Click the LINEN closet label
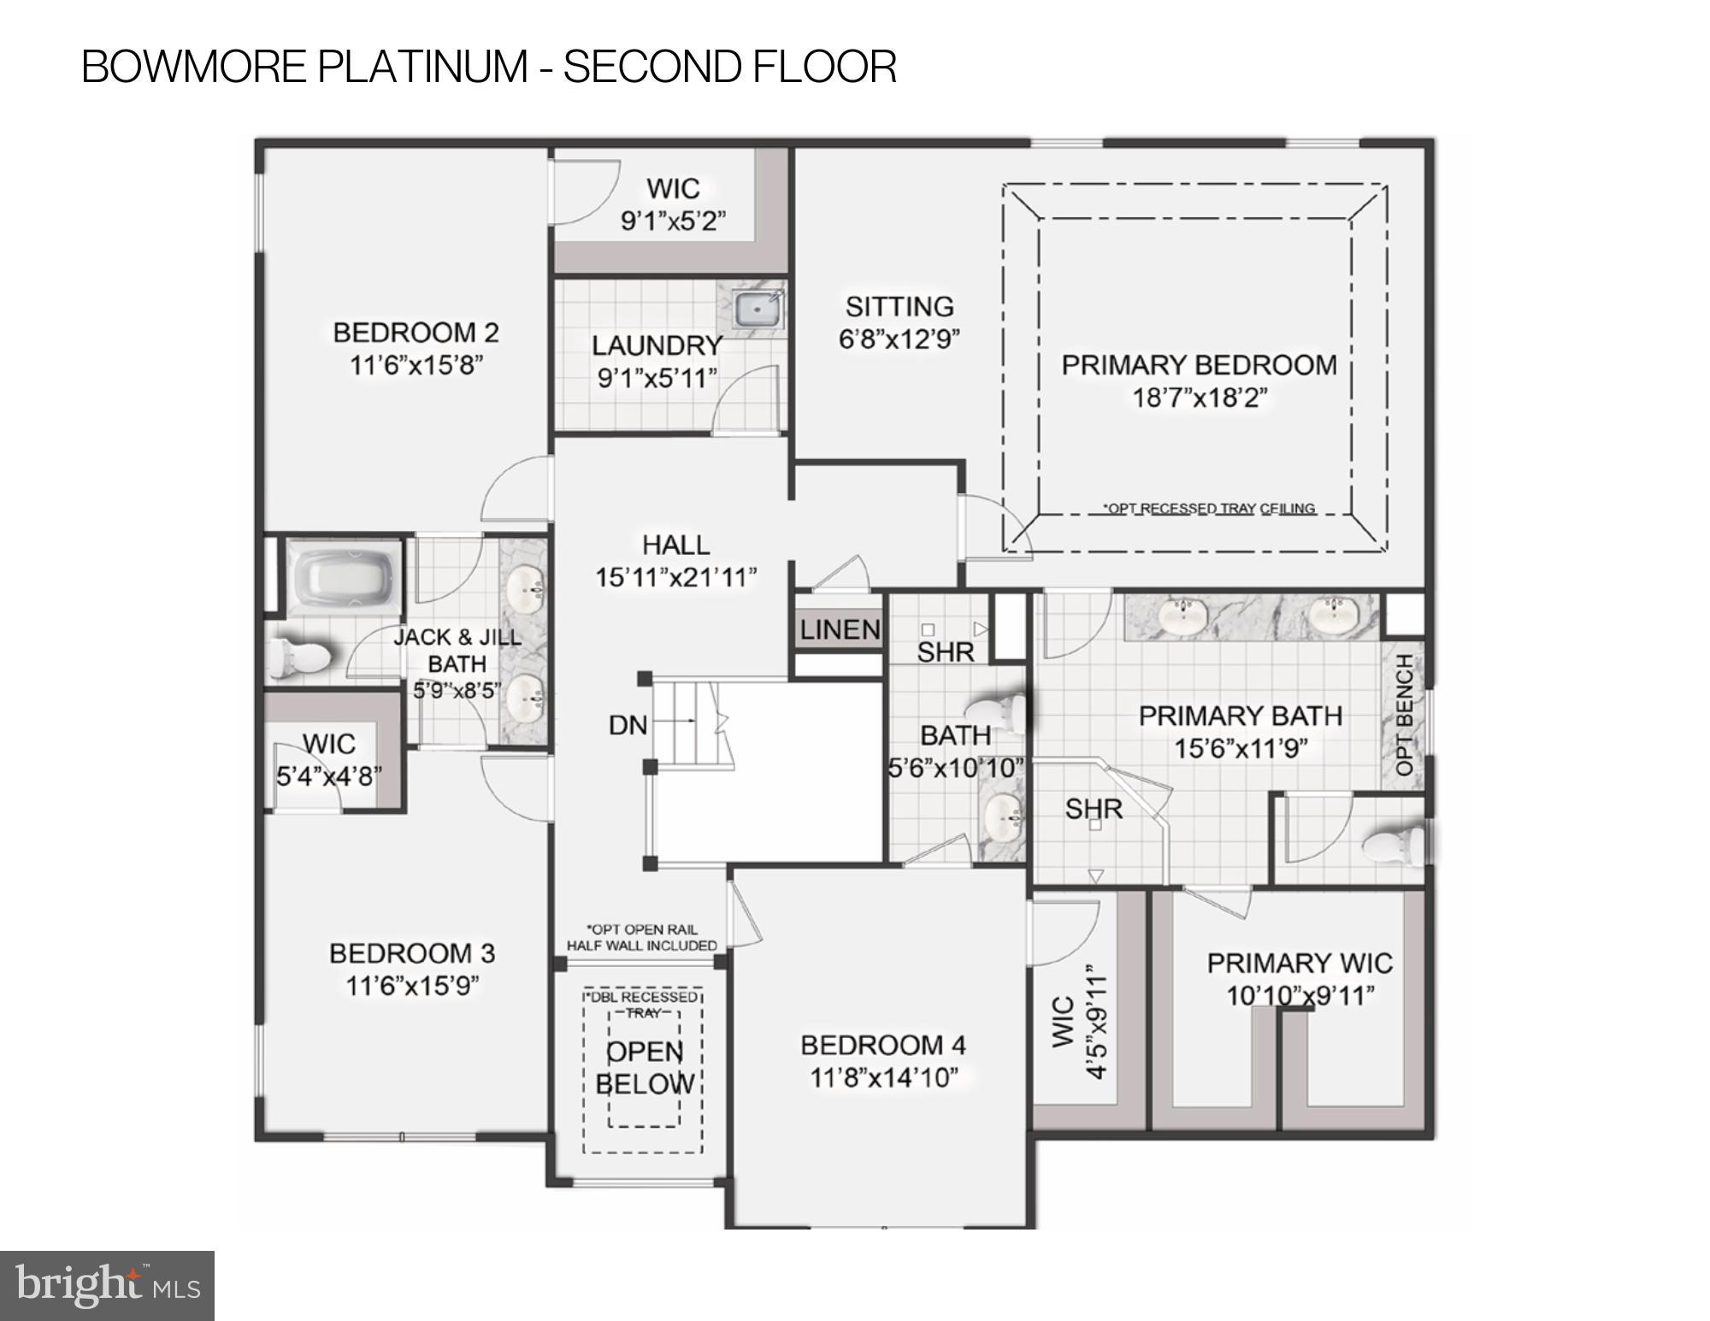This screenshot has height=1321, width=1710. coord(840,630)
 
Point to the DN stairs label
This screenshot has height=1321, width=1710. coord(628,725)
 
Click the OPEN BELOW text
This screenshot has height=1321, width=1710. coord(644,1068)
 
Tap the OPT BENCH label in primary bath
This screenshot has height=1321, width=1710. coord(1404,715)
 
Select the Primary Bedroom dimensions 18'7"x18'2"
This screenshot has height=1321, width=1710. coord(1199,398)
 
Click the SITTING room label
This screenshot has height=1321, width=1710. coord(899,306)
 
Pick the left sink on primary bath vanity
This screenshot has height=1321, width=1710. coord(1183,613)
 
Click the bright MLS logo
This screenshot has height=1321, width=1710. coord(107,1285)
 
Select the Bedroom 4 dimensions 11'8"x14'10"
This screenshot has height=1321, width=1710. coord(882,1077)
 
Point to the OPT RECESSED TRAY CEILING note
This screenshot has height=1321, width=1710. coord(1208,509)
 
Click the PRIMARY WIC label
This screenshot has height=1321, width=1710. coord(1300,964)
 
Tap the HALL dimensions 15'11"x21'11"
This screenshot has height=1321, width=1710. coord(675,578)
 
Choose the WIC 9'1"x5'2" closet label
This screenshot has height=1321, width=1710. coord(673,188)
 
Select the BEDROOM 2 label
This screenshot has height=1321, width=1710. coord(416,333)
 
